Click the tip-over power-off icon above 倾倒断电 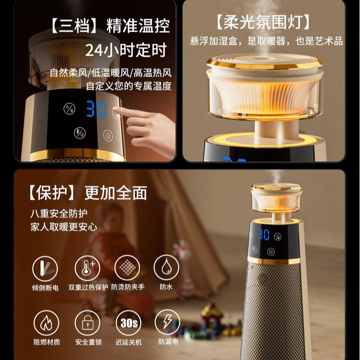(45, 268)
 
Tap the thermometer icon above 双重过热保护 (87, 268)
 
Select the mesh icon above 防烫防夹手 (127, 268)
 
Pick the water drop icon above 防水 (166, 268)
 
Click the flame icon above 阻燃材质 (46, 323)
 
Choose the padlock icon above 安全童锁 (87, 323)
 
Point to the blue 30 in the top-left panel (96, 110)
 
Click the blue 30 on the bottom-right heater (263, 235)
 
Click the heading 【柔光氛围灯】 (263, 23)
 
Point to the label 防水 (166, 288)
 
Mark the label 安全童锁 (87, 342)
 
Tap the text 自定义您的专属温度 (129, 87)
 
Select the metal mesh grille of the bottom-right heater (274, 307)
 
